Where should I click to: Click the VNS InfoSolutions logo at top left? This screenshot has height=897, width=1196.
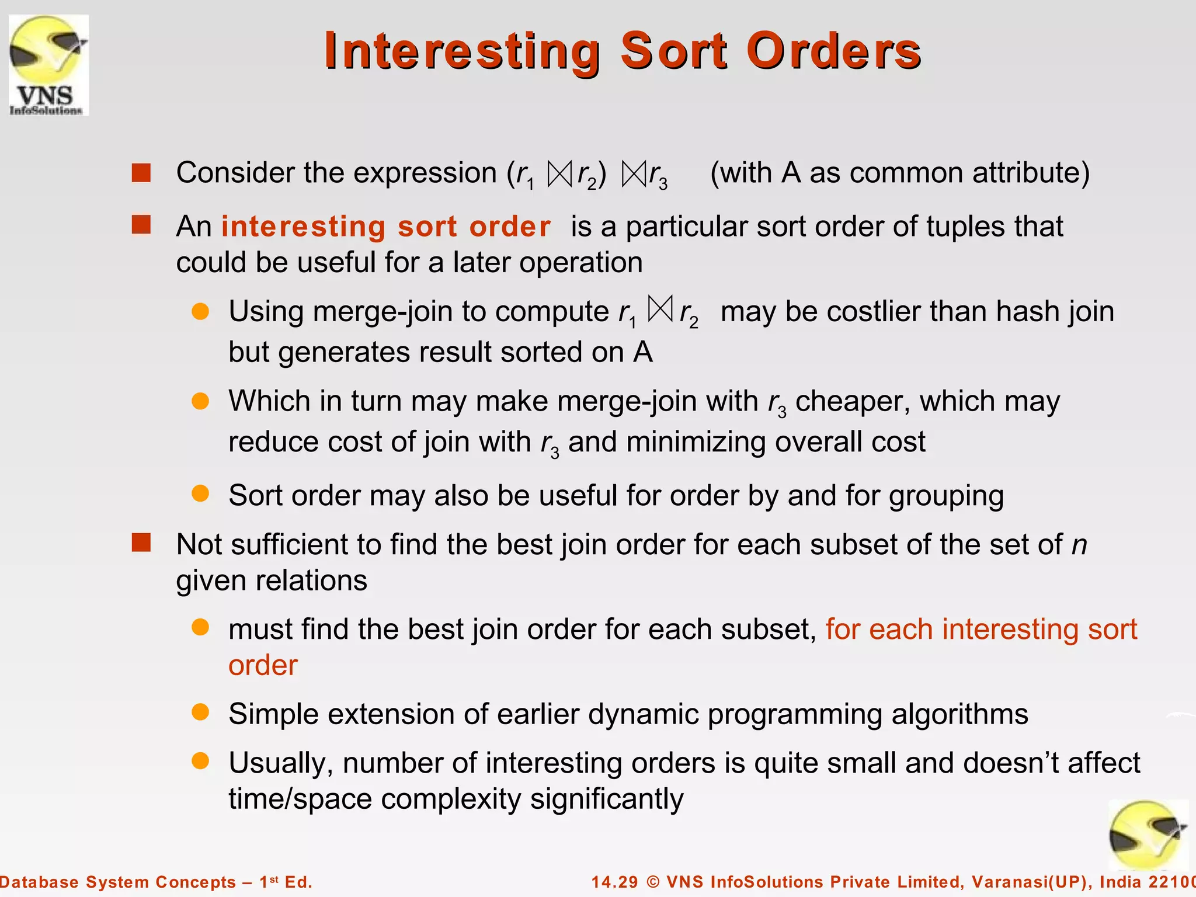[48, 65]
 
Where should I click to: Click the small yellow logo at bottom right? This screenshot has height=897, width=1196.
[1147, 835]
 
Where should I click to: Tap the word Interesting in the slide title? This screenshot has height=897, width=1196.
[462, 51]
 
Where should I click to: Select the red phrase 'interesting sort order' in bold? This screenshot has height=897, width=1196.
[385, 227]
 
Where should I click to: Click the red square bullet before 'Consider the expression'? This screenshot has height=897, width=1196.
[141, 173]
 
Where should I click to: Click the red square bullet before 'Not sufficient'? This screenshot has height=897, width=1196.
[141, 543]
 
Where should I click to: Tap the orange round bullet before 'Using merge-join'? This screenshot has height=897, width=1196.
[200, 311]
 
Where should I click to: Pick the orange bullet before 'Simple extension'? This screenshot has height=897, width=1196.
[200, 712]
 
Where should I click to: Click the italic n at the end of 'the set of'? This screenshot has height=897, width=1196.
[1079, 545]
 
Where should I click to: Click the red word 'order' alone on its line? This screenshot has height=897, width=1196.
[263, 666]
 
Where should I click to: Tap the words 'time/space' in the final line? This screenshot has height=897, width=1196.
[300, 799]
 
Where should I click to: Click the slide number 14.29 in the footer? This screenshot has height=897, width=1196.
[614, 882]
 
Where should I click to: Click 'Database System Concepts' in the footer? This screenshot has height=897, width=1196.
[117, 882]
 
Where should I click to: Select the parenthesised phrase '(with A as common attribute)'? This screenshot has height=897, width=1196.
[899, 173]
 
